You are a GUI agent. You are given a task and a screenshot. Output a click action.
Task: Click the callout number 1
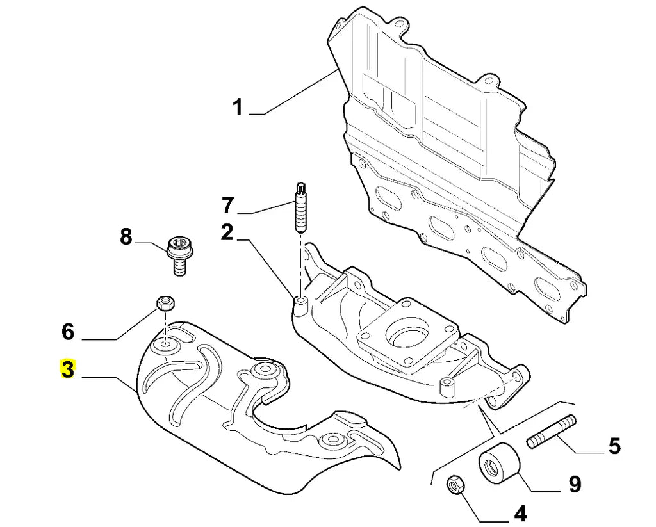pos(238,107)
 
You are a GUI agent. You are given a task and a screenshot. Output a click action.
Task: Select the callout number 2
pos(227,232)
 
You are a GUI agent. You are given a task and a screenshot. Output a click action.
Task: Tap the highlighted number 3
pos(68,370)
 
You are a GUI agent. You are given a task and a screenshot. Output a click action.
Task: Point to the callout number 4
pos(520,513)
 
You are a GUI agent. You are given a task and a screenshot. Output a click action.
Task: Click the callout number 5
pos(614,445)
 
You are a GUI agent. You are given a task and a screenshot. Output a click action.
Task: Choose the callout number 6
pos(68,332)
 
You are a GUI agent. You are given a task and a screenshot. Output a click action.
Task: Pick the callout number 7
pos(228,206)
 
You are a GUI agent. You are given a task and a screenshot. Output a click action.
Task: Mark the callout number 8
pos(126,238)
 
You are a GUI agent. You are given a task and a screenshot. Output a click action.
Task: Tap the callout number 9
pos(574,484)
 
